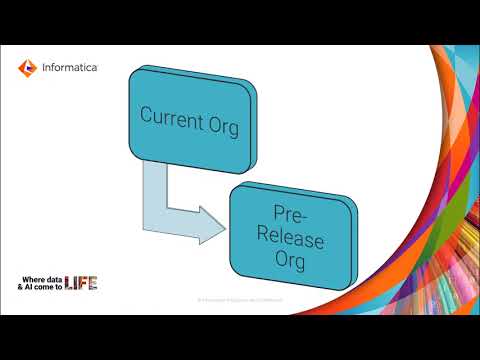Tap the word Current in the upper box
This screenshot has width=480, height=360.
[x=166, y=116]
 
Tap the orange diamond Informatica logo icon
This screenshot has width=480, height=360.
[x=26, y=68]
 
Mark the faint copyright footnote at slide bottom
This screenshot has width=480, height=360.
[x=240, y=298]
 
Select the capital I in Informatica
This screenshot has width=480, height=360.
[x=40, y=68]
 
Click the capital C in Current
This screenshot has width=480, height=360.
[x=146, y=116]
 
